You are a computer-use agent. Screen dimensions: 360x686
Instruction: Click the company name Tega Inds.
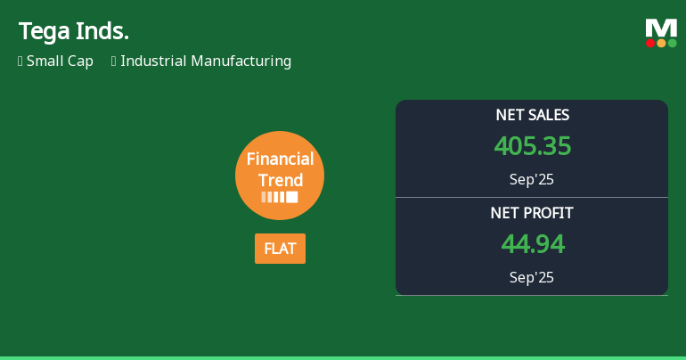point(74,32)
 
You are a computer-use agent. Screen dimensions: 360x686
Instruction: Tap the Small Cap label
point(60,61)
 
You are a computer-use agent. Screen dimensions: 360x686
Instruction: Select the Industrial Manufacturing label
point(206,61)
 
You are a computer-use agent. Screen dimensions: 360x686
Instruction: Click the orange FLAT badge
point(280,249)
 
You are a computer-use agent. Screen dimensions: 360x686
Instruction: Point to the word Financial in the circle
point(280,160)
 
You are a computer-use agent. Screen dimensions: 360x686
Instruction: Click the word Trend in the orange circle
point(281,180)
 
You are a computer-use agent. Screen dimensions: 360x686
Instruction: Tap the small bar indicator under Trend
point(280,197)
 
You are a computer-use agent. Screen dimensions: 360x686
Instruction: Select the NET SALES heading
point(532,115)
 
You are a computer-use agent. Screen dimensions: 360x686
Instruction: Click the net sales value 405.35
point(532,146)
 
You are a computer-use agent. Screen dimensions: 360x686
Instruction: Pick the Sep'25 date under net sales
point(532,179)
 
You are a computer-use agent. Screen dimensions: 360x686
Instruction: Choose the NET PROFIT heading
point(532,213)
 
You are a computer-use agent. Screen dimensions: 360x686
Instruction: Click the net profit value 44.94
point(532,244)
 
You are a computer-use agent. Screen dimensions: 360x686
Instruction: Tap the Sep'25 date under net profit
point(532,277)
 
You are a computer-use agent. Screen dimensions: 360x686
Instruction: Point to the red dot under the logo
point(650,43)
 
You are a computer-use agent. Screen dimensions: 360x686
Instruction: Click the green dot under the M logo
point(672,43)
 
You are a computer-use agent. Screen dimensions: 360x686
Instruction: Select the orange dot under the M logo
point(661,43)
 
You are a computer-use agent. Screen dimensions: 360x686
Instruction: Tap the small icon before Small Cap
point(20,61)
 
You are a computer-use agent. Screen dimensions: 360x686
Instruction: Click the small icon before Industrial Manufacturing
point(114,61)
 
